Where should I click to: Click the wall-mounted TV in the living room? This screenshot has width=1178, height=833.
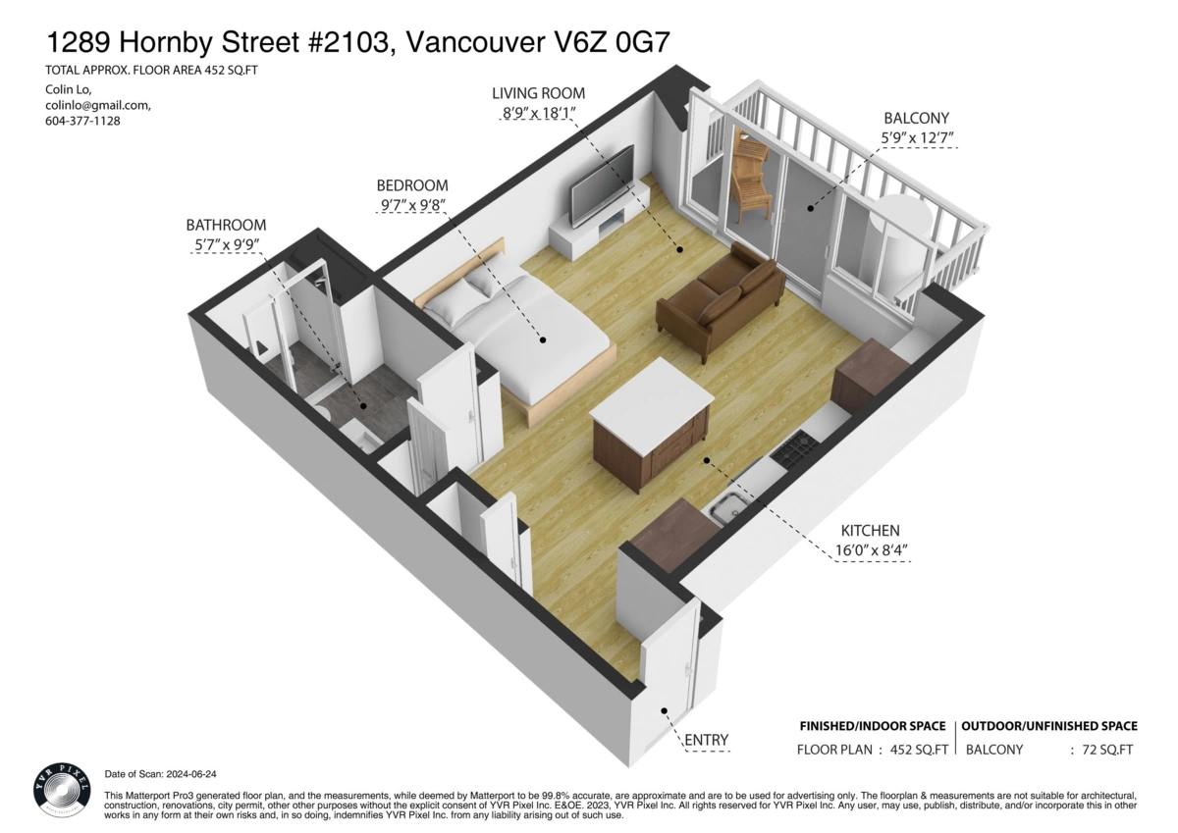[x=602, y=182]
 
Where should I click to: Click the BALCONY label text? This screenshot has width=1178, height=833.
[x=916, y=119]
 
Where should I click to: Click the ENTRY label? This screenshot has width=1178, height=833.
[x=706, y=740]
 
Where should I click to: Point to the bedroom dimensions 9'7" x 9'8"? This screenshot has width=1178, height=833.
[x=412, y=206]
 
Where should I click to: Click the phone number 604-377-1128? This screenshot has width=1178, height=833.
[x=82, y=121]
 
